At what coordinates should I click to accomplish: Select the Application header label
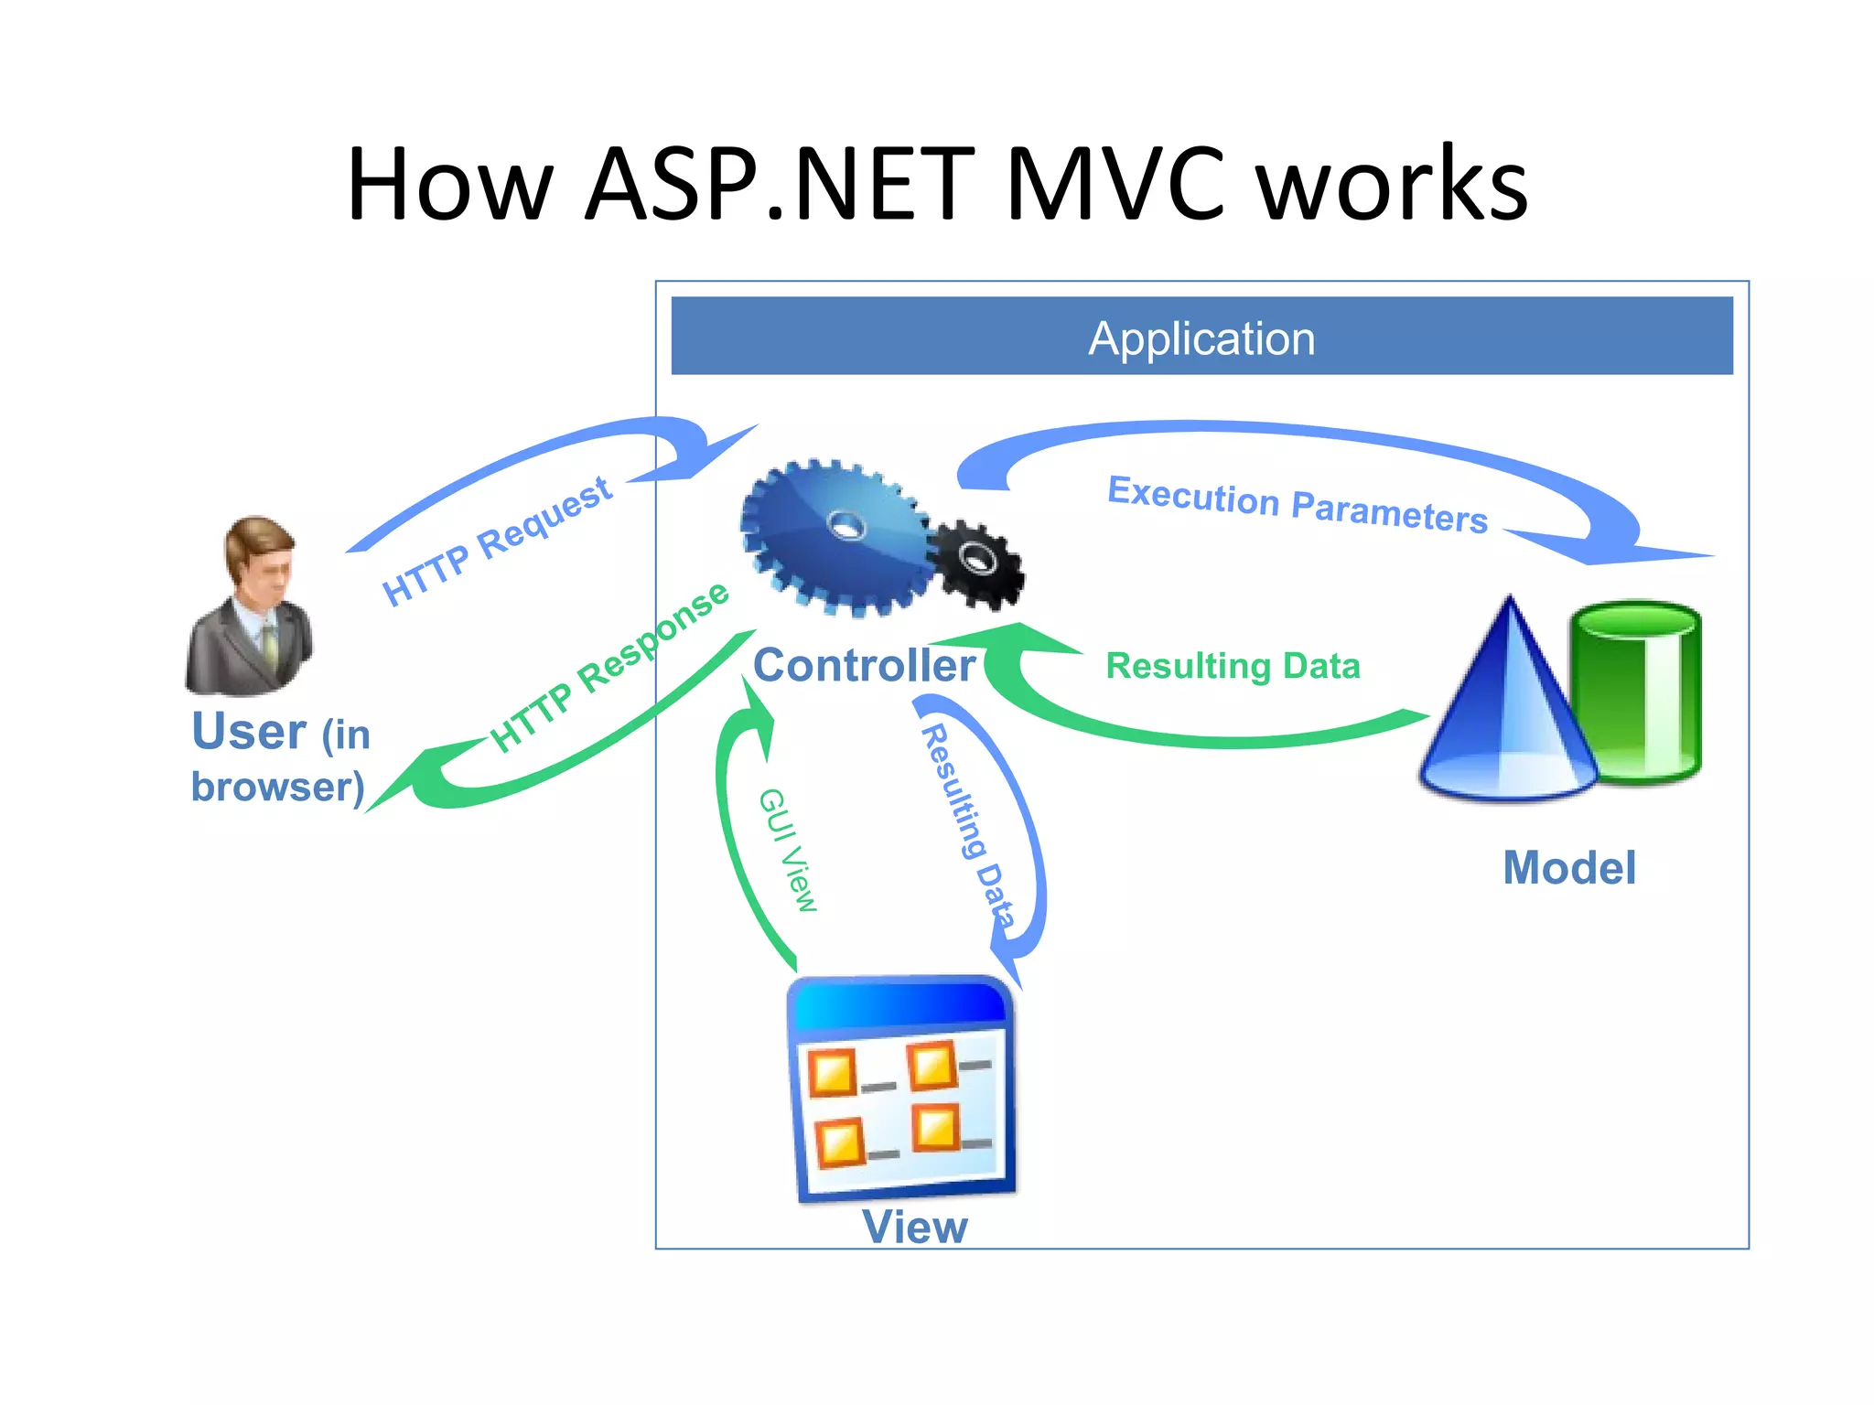1201,338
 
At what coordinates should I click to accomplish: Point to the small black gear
977,563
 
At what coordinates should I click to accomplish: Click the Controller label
864,666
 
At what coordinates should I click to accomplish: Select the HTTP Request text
497,542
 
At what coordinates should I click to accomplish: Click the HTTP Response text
609,667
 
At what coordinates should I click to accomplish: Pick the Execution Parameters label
1298,504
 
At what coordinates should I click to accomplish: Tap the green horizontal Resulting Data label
1233,666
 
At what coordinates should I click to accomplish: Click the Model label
1569,867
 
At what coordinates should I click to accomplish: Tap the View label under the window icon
914,1227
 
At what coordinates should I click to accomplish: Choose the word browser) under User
278,788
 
